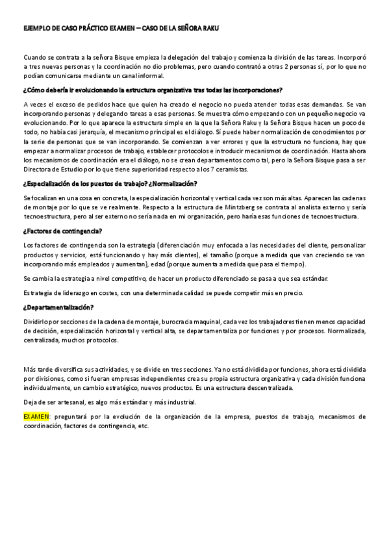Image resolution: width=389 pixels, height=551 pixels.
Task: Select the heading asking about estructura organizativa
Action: pyautogui.click(x=157, y=89)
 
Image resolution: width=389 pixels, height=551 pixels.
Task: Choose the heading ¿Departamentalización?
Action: pyautogui.click(x=58, y=307)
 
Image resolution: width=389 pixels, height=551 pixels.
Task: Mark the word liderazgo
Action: pyautogui.click(x=72, y=292)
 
